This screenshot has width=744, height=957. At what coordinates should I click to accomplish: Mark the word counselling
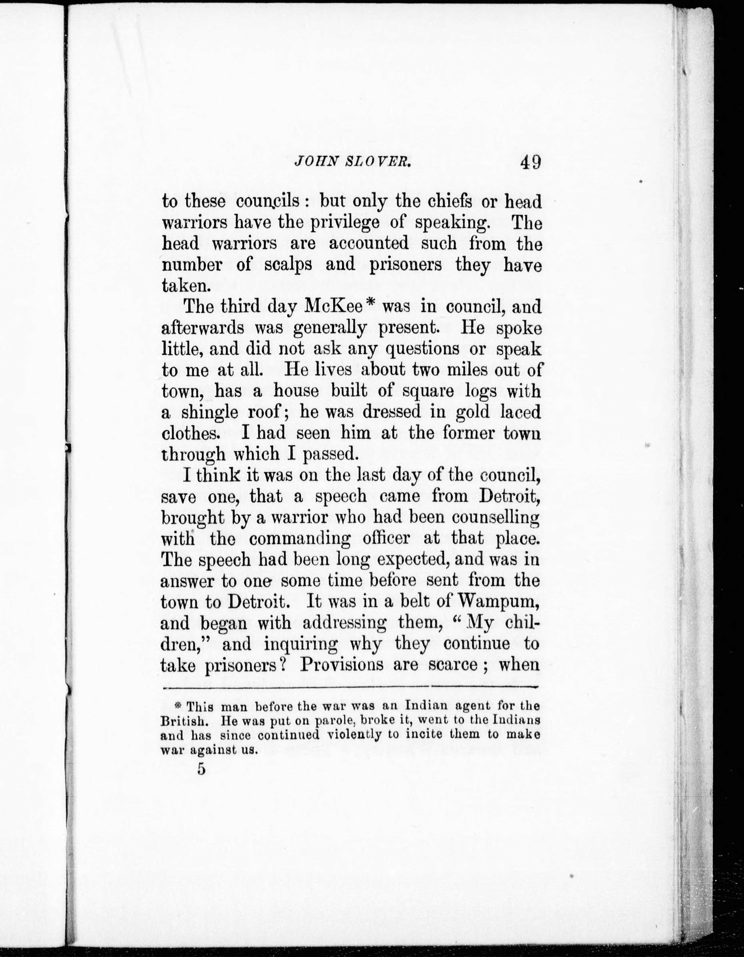coord(495,518)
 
